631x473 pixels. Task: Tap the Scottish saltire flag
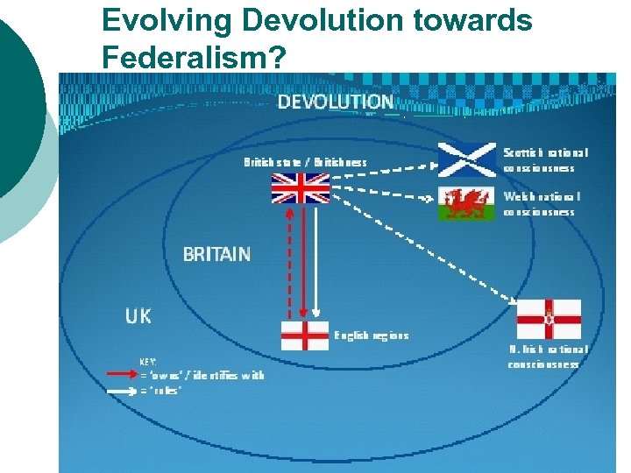pyautogui.click(x=466, y=159)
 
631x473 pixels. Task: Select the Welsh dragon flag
pyautogui.click(x=466, y=204)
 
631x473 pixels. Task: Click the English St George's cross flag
pyautogui.click(x=305, y=335)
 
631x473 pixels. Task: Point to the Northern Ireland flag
pyautogui.click(x=548, y=320)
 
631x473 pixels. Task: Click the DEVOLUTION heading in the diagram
pyautogui.click(x=336, y=102)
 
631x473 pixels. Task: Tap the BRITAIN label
pyautogui.click(x=216, y=254)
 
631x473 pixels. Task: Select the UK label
pyautogui.click(x=138, y=315)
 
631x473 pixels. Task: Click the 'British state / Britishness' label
pyautogui.click(x=305, y=161)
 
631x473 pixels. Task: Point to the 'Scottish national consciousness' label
pyautogui.click(x=545, y=159)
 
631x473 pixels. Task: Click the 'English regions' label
pyautogui.click(x=372, y=335)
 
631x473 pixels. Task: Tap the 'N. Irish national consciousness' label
pyautogui.click(x=548, y=356)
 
